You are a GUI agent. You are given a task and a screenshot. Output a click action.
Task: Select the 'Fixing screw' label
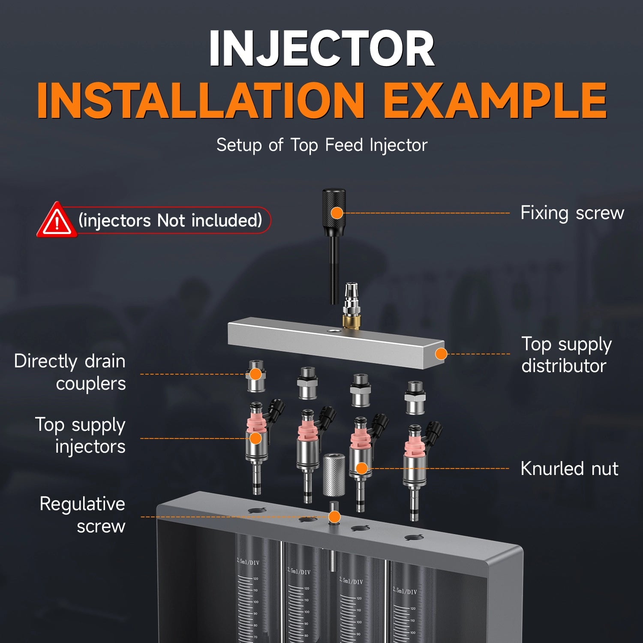click(572, 213)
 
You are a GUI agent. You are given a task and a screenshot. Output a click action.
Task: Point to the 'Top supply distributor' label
click(566, 355)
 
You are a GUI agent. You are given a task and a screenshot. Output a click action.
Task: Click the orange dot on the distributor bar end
click(441, 354)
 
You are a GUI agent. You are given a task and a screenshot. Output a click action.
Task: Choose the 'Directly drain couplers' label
click(70, 372)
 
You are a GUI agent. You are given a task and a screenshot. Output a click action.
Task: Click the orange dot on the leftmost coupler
click(255, 374)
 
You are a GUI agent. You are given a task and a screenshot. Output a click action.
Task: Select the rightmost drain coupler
click(415, 398)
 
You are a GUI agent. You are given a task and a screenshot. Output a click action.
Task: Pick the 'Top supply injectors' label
click(80, 436)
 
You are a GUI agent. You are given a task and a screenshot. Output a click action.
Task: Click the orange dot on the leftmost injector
click(255, 438)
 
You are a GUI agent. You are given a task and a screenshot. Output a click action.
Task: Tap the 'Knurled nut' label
click(569, 469)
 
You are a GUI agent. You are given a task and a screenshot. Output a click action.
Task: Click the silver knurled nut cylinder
click(334, 475)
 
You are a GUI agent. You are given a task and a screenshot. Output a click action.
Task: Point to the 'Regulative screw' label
click(82, 515)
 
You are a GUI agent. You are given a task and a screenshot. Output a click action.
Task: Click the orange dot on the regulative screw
click(334, 517)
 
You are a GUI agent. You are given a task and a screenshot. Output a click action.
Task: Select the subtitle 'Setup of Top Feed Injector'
click(322, 145)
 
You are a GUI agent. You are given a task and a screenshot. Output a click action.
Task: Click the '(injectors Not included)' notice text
click(170, 220)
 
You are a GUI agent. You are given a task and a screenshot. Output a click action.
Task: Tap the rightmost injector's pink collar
click(414, 445)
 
